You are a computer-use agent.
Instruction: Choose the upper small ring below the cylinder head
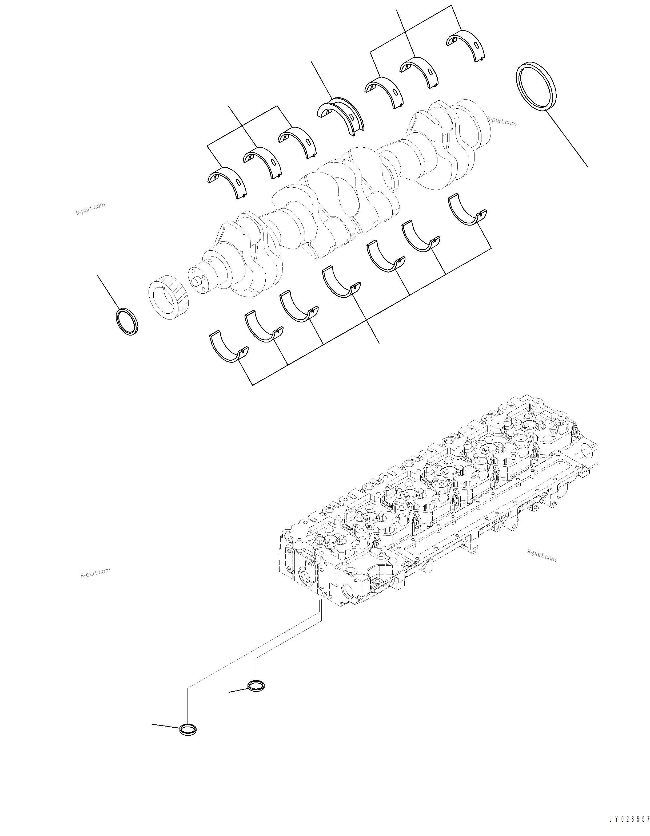(x=256, y=685)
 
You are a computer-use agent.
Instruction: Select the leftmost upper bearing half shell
(x=227, y=182)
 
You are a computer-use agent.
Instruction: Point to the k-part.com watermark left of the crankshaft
(x=90, y=208)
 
